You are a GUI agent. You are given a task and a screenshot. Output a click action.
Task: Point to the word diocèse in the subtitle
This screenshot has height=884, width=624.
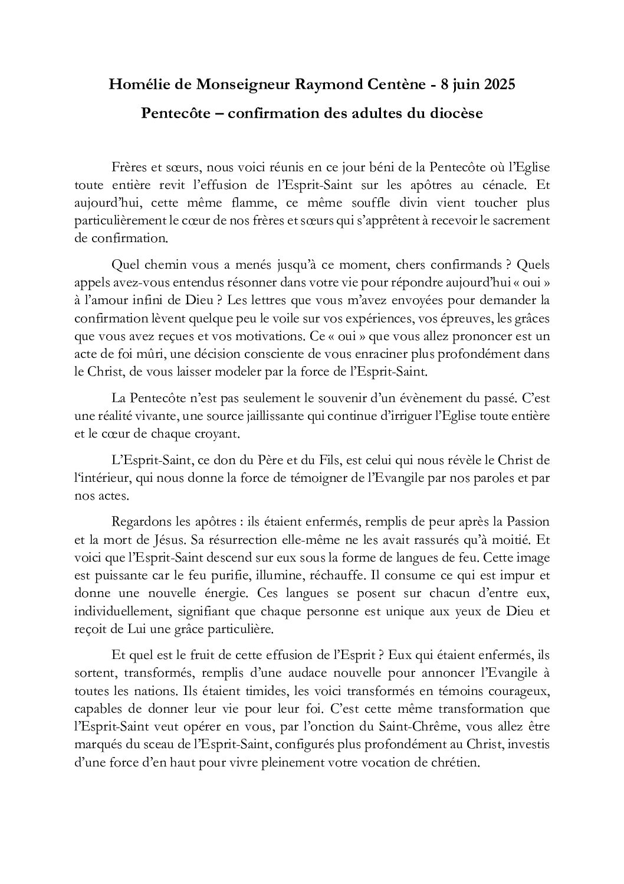point(459,113)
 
